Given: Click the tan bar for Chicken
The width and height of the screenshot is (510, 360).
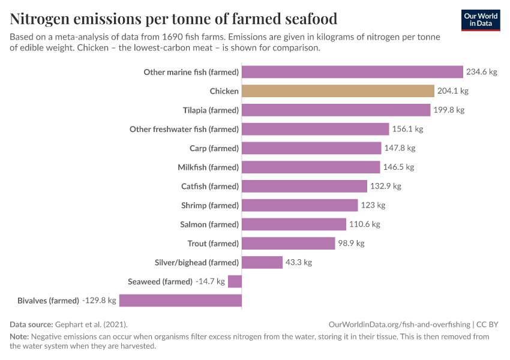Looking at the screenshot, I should pyautogui.click(x=338, y=91).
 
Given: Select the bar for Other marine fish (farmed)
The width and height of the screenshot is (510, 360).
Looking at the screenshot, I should pyautogui.click(x=352, y=72).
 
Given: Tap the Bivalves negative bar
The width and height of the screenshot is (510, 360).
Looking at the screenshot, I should pyautogui.click(x=181, y=301).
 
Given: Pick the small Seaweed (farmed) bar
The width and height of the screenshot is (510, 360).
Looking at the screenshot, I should pyautogui.click(x=235, y=281).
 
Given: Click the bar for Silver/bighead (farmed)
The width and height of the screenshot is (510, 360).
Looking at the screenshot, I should pyautogui.click(x=262, y=262).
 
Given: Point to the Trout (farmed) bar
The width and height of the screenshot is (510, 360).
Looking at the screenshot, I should pyautogui.click(x=288, y=244).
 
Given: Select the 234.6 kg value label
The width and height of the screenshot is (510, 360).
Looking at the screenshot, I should pyautogui.click(x=482, y=72).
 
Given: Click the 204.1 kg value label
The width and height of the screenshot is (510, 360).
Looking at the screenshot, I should pyautogui.click(x=452, y=91).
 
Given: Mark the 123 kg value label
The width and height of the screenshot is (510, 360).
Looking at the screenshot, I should pyautogui.click(x=373, y=205).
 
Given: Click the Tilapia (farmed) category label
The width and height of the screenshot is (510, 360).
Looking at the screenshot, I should pyautogui.click(x=211, y=110).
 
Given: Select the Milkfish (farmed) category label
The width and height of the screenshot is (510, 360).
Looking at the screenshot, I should pyautogui.click(x=208, y=167).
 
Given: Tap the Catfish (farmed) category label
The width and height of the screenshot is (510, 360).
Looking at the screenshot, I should pyautogui.click(x=210, y=187).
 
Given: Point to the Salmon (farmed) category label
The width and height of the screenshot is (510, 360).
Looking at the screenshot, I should pyautogui.click(x=209, y=224).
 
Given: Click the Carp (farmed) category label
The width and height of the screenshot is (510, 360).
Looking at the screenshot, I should pyautogui.click(x=214, y=148).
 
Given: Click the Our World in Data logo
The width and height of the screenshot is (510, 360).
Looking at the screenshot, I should pyautogui.click(x=481, y=20).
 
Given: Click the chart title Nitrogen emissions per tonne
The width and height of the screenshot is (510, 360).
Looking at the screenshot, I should pyautogui.click(x=173, y=19).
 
